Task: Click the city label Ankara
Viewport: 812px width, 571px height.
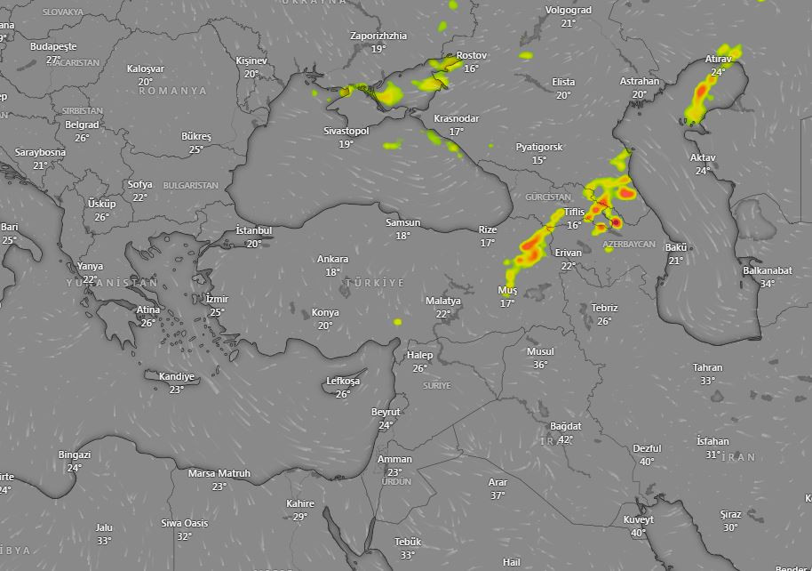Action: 333,259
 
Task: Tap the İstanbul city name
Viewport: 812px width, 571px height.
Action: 253,230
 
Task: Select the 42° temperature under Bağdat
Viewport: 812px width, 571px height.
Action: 565,439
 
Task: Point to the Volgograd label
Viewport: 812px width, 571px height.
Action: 568,11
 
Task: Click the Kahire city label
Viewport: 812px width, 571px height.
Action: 300,503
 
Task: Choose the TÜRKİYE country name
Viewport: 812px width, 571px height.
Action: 374,282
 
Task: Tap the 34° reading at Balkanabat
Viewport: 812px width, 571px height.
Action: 768,284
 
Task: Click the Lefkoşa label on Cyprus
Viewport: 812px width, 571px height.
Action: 343,381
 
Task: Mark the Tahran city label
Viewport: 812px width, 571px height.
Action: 708,367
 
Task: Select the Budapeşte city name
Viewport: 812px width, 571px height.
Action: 53,46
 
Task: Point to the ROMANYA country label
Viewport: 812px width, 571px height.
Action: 172,91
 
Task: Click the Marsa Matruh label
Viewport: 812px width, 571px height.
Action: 219,473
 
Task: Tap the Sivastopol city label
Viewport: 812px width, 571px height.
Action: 346,131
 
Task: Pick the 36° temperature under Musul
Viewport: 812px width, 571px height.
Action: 540,365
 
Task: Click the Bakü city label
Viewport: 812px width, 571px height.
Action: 676,247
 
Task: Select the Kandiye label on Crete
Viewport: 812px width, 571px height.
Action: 176,376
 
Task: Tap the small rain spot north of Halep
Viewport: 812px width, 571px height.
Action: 397,321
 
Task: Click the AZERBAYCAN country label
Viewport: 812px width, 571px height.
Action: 628,244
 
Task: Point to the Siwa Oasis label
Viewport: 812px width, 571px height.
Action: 184,523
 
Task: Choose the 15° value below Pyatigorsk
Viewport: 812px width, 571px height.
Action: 539,160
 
